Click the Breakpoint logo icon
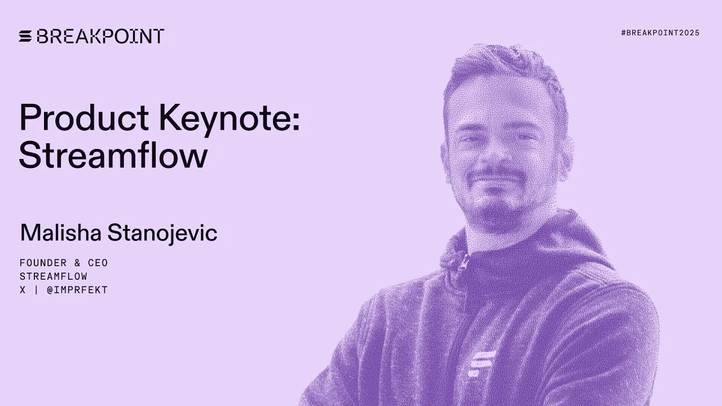point(26,36)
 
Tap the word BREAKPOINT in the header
point(100,36)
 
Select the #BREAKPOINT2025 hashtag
point(660,33)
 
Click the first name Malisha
point(61,233)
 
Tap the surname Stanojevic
point(162,233)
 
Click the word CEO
point(98,263)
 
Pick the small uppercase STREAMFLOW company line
point(54,276)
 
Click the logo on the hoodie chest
point(482,361)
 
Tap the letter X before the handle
point(23,290)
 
